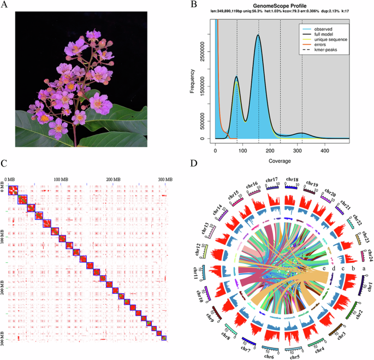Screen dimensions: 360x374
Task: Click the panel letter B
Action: point(194,5)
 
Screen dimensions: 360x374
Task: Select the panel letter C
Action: point(5,163)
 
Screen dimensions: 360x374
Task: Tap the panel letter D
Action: point(194,163)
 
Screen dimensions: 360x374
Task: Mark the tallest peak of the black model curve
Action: point(258,35)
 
